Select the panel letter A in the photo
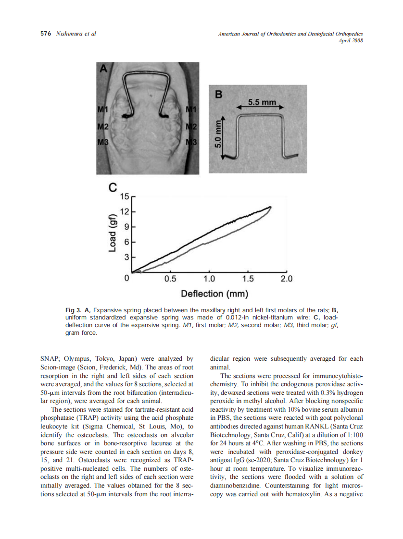pyautogui.click(x=103, y=69)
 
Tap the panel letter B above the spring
pyautogui.click(x=219, y=95)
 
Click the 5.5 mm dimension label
pyautogui.click(x=262, y=102)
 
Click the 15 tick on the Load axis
pyautogui.click(x=126, y=196)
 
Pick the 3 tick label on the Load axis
pyautogui.click(x=127, y=257)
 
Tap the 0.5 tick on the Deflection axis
pyautogui.click(x=170, y=279)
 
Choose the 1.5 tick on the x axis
pyautogui.click(x=248, y=279)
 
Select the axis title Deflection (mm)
pyautogui.click(x=214, y=294)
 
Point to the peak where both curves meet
pyautogui.click(x=271, y=207)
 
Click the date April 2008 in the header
pyautogui.click(x=351, y=40)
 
